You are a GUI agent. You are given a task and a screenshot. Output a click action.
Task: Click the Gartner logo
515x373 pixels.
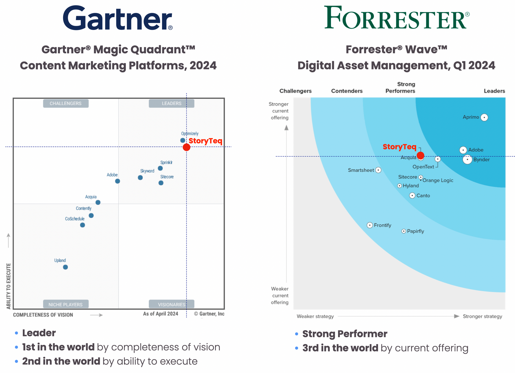tap(118, 18)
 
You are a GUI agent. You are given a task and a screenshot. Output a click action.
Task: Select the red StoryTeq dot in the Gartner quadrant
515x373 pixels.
tap(186, 147)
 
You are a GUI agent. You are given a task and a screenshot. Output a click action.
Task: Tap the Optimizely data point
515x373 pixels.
tap(183, 140)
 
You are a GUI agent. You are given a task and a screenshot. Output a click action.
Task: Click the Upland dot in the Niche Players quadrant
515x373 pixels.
tap(65, 267)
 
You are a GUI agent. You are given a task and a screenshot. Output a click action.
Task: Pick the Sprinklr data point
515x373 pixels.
tap(160, 168)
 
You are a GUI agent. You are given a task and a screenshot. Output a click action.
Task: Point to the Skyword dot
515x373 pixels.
tap(140, 178)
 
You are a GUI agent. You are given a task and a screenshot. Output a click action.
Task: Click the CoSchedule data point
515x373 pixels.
tap(83, 225)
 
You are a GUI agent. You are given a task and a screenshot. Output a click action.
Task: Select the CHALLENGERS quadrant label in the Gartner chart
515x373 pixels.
tap(66, 103)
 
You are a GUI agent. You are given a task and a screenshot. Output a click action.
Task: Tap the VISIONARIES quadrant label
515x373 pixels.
tap(172, 304)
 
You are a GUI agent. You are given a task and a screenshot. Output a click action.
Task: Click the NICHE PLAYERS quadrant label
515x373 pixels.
tap(66, 304)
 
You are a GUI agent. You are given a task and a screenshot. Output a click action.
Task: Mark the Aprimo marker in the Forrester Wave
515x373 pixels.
tap(484, 117)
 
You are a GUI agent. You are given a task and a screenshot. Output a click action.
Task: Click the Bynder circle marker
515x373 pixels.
tap(467, 160)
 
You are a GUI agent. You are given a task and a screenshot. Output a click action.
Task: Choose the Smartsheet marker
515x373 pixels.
tap(378, 170)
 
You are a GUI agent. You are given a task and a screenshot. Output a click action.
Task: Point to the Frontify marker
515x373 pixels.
tap(370, 225)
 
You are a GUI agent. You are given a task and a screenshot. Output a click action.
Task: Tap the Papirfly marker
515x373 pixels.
tap(404, 231)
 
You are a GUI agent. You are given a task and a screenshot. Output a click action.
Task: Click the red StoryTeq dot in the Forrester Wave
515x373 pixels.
tap(420, 156)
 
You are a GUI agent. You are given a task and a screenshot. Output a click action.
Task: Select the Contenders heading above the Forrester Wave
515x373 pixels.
tap(347, 91)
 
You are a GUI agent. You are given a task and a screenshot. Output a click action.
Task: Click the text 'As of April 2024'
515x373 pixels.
tap(160, 314)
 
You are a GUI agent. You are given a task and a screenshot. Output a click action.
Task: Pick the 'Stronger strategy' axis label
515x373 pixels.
tap(482, 316)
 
